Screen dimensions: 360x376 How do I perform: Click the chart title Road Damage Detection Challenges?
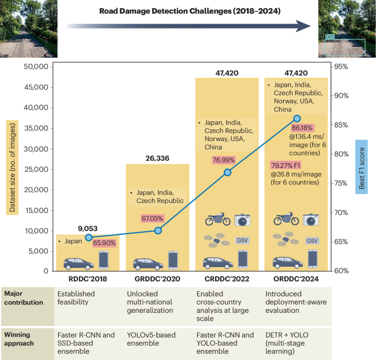coord(190,10)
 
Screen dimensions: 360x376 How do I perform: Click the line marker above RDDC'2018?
coord(88,237)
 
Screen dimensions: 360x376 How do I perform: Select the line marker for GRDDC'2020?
coord(158,230)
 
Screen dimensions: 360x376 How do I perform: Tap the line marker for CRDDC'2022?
coord(227,172)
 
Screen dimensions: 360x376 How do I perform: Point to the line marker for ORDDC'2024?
coord(297,119)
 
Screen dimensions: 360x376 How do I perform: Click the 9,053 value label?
coord(88,228)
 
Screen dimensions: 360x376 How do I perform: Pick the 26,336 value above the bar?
coord(157,159)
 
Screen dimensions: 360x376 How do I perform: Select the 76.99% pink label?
coord(225,160)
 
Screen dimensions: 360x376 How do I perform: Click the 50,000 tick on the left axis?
coord(35,67)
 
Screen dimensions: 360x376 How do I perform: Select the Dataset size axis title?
coord(11,168)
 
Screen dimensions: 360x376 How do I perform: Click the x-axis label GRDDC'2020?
coord(158,278)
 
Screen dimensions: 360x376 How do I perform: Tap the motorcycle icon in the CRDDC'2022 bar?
coord(217,220)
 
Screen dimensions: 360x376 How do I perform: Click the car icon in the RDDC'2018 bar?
coord(78,263)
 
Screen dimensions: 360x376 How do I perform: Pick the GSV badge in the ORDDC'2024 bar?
coord(312,240)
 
